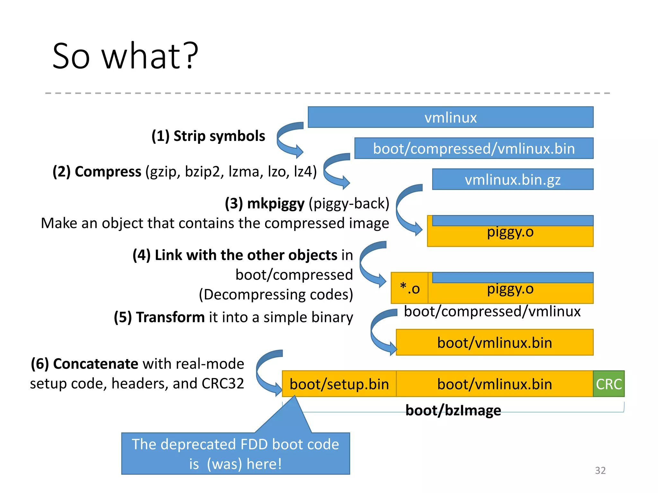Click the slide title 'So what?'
point(125,56)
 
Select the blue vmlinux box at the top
point(450,117)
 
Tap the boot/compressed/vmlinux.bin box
point(474,149)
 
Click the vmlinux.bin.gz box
point(513,179)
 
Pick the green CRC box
point(609,384)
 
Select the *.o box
point(410,288)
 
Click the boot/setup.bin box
point(339,384)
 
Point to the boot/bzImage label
point(453,411)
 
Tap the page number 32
point(600,470)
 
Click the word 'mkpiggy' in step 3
point(276,204)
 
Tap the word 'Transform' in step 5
point(170,317)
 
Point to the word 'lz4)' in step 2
point(305,172)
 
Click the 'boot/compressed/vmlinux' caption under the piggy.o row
point(492,311)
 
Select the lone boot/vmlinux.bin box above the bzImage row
point(495,342)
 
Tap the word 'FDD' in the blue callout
point(254,445)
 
